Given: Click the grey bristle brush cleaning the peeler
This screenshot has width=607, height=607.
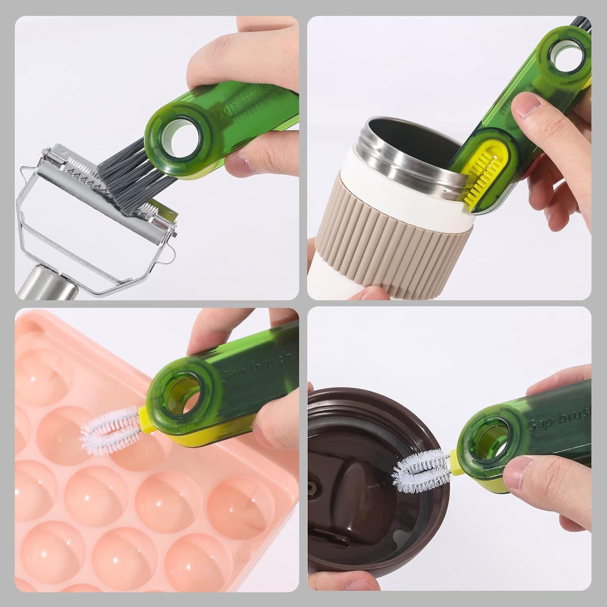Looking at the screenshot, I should [x=121, y=166].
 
